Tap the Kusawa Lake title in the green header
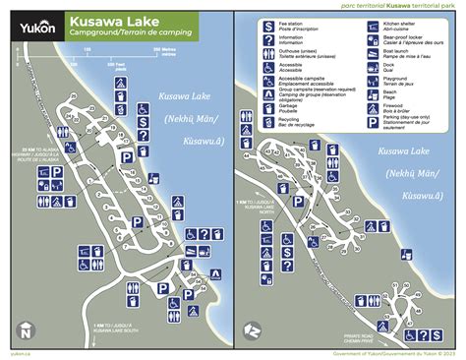point(109,21)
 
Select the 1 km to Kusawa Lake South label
point(115,329)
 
